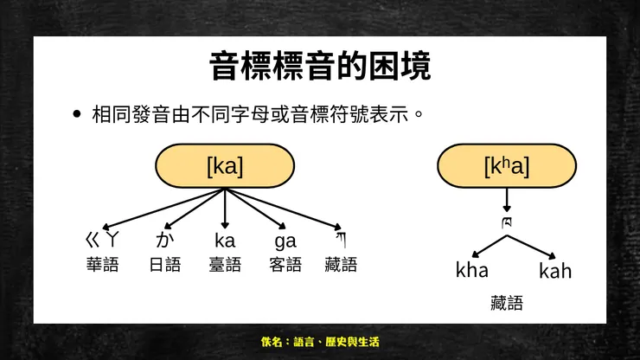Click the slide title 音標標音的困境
coord(320,66)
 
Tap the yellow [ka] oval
coord(225,165)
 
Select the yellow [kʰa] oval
coord(507,165)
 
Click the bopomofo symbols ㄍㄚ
coord(102,240)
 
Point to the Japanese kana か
coord(165,240)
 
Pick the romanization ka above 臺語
coord(225,241)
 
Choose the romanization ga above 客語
coord(285,241)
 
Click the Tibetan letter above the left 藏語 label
coord(342,240)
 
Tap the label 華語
coord(102,265)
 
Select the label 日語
coord(165,265)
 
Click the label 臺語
coord(225,265)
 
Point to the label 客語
coord(285,265)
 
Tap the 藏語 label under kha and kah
coord(507,303)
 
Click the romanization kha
coord(472,270)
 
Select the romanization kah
coord(555,271)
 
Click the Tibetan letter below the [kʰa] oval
coord(507,222)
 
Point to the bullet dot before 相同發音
coord(77,114)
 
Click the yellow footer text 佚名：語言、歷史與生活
coord(320,342)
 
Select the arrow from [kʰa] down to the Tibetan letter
coord(507,200)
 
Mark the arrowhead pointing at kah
coord(552,256)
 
